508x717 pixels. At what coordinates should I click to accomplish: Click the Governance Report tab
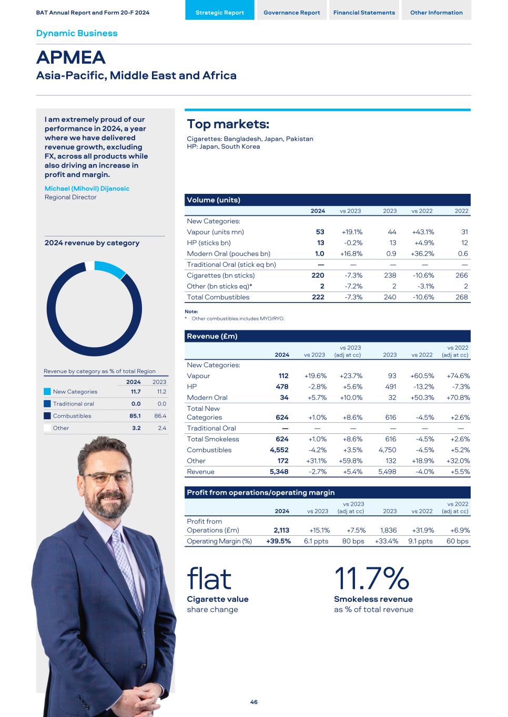click(x=291, y=13)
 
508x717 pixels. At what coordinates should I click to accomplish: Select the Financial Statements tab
click(x=364, y=13)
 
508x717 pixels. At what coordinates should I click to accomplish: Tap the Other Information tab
click(x=436, y=13)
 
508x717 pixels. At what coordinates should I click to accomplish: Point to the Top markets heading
click(x=228, y=124)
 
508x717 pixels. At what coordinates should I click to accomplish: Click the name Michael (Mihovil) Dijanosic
click(x=87, y=189)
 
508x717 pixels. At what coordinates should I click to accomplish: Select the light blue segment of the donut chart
click(x=110, y=268)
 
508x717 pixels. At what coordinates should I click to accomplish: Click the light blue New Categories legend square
click(x=47, y=392)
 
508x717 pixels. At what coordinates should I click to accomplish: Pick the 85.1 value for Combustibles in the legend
click(x=136, y=416)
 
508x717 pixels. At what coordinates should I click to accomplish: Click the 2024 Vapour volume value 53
click(x=320, y=232)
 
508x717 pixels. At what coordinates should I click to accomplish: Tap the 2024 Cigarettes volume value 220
click(x=318, y=276)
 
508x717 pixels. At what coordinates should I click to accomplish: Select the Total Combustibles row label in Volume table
click(x=218, y=297)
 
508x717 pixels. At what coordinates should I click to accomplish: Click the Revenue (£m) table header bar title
click(x=212, y=336)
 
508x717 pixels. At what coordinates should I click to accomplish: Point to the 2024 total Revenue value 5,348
click(x=279, y=472)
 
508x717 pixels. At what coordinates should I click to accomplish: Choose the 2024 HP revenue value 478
click(x=283, y=387)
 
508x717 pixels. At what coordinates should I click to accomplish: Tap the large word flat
click(x=209, y=579)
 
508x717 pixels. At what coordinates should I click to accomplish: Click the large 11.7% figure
click(x=371, y=579)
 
